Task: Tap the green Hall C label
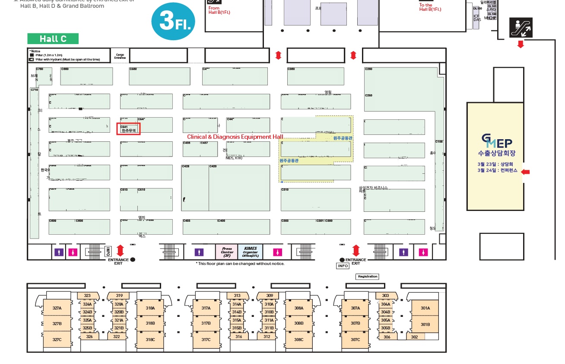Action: pos(53,39)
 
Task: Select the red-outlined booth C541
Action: pos(128,129)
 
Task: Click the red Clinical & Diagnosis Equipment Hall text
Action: pos(235,137)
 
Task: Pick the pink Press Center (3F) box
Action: pos(227,252)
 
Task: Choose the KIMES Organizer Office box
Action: pos(250,252)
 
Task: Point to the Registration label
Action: pos(368,277)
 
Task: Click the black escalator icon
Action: pos(521,28)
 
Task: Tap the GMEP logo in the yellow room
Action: pos(496,141)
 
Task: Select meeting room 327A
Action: pos(57,308)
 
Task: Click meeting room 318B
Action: pos(150,323)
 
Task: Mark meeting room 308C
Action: pos(298,340)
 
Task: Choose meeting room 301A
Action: pos(425,308)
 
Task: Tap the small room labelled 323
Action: pos(87,296)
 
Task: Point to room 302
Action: pos(414,337)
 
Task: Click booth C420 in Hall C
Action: pos(239,188)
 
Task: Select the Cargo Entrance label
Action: pos(120,56)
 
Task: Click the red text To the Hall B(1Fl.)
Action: pos(430,7)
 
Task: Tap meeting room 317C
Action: pos(206,340)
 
